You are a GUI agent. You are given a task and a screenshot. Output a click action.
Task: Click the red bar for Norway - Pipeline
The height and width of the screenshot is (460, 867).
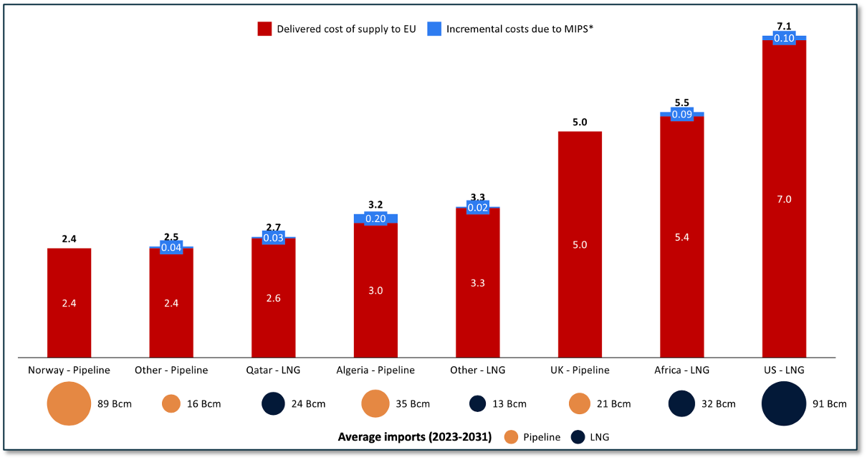coord(69,302)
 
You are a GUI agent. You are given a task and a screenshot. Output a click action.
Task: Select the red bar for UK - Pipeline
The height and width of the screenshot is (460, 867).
coord(580,244)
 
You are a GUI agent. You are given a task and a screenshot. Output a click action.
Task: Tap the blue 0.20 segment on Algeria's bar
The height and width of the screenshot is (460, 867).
coord(375,219)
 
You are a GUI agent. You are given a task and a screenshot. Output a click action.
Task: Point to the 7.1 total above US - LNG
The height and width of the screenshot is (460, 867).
coord(784,27)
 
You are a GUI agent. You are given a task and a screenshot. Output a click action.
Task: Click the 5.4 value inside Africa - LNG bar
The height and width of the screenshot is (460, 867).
coord(681,237)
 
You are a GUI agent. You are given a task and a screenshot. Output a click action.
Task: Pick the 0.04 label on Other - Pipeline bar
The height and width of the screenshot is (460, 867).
coord(171,248)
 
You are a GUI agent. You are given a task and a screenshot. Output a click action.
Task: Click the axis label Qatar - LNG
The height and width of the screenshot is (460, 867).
coord(273,370)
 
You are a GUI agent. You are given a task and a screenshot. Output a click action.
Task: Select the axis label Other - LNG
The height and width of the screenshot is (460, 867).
coord(478,370)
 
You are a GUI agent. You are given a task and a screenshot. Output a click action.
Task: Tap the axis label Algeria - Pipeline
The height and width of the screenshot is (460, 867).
coord(375,370)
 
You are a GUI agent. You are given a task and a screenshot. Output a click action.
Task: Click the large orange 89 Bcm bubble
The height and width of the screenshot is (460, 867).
coord(70,403)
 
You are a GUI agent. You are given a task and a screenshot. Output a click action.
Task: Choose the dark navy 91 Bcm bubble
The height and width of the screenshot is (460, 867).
coord(784,403)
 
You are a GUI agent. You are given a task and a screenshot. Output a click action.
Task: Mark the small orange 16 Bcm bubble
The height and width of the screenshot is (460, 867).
coord(171,403)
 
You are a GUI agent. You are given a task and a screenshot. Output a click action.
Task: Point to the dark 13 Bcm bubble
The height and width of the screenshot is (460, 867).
coord(478,403)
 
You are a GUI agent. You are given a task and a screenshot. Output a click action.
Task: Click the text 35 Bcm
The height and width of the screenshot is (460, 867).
coord(413,404)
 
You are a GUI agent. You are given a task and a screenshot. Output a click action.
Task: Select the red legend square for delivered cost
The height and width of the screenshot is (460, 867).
coord(264,29)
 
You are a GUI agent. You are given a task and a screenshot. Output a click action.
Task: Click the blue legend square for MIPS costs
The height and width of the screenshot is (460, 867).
coord(433,29)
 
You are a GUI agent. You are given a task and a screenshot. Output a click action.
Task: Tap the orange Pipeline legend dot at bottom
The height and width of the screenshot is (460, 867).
coord(511,436)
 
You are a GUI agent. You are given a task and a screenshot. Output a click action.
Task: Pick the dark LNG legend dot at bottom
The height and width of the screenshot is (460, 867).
coord(577,436)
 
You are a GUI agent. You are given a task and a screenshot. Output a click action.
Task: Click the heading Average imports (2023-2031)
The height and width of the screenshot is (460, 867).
coord(414,436)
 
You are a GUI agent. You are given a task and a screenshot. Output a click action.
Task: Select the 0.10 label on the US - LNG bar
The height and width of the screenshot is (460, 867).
coord(784,39)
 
